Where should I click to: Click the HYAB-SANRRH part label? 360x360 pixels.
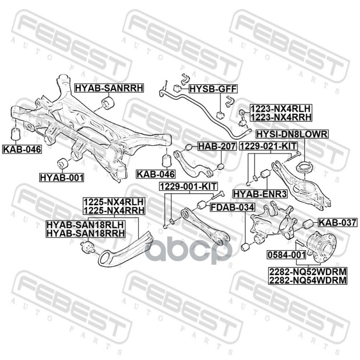point(108,88)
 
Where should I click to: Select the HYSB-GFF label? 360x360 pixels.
point(212,88)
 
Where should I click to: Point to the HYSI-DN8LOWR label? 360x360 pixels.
point(292,134)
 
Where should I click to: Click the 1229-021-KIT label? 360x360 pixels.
point(268,147)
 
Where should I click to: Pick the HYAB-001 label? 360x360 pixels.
point(62,178)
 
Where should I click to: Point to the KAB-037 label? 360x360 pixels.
point(337,222)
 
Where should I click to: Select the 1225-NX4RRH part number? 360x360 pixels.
point(113,210)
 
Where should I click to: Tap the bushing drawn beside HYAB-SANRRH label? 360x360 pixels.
point(108,103)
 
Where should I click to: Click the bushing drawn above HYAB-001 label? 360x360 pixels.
point(62,162)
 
